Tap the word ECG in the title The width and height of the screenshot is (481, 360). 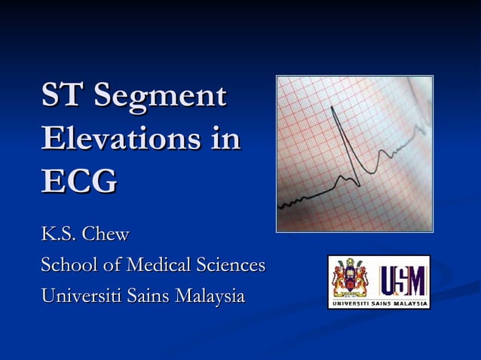tap(79, 181)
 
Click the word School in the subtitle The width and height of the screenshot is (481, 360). tap(64, 265)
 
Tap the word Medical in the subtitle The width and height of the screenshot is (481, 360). tap(155, 265)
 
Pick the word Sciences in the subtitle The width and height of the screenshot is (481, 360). tap(231, 265)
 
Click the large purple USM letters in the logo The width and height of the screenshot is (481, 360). tap(404, 280)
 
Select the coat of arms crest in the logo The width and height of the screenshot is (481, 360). tap(351, 280)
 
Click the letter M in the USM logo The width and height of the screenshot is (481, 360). tap(416, 280)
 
